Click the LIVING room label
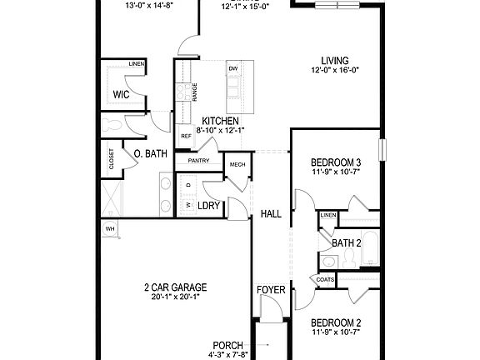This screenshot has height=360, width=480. click(334, 60)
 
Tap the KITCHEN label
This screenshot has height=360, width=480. click(221, 121)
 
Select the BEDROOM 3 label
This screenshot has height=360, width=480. click(335, 162)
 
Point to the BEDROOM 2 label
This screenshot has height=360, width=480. click(335, 322)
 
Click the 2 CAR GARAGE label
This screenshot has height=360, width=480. click(174, 287)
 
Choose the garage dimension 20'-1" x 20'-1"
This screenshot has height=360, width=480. click(174, 297)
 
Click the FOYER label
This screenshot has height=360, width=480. click(270, 290)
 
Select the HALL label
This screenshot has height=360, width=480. click(271, 214)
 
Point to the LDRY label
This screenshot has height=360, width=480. click(209, 205)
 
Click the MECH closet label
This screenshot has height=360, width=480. click(237, 164)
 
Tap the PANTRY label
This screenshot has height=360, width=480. click(198, 160)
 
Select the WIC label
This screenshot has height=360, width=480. click(121, 94)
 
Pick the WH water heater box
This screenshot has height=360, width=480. click(109, 228)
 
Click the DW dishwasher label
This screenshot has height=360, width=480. click(233, 68)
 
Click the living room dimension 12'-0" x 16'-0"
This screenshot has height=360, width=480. click(334, 71)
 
